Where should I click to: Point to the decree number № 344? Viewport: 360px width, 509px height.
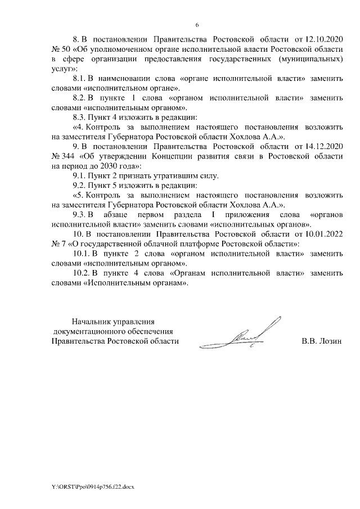tap(61, 157)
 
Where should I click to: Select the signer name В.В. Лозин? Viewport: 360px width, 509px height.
tap(322, 341)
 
